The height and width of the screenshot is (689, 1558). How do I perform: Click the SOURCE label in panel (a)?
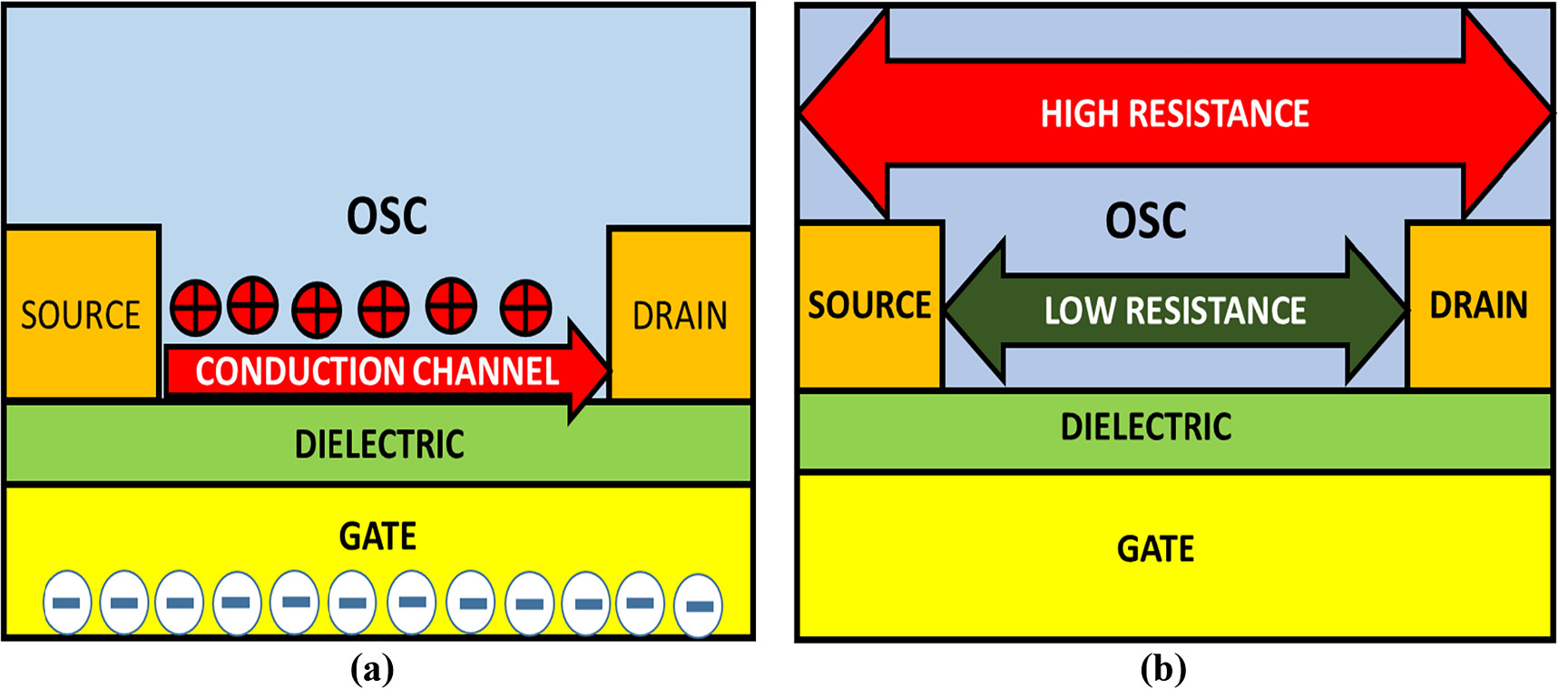click(81, 315)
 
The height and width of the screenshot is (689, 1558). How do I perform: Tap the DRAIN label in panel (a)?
click(680, 316)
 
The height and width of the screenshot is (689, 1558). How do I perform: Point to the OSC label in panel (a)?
click(387, 216)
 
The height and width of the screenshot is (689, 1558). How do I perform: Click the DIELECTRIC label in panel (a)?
click(379, 445)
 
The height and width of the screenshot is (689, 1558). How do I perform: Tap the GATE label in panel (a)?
click(377, 536)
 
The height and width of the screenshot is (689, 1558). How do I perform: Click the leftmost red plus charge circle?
click(195, 307)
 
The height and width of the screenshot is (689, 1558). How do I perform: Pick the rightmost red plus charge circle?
click(525, 308)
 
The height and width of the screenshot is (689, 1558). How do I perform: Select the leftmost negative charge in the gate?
click(67, 603)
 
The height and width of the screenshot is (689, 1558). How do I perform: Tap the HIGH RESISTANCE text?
click(1174, 114)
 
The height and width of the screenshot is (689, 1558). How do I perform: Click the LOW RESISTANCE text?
click(1174, 311)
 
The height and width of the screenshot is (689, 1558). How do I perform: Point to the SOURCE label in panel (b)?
click(869, 305)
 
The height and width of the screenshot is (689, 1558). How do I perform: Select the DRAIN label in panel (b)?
click(1478, 305)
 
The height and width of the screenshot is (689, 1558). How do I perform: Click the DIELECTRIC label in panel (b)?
click(1145, 427)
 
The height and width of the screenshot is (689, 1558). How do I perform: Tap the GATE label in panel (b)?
click(1155, 549)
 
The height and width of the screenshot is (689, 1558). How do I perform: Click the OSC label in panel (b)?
click(1145, 221)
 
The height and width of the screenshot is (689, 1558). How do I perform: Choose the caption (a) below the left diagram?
click(372, 669)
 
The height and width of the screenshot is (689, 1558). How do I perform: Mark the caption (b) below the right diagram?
click(1162, 669)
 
